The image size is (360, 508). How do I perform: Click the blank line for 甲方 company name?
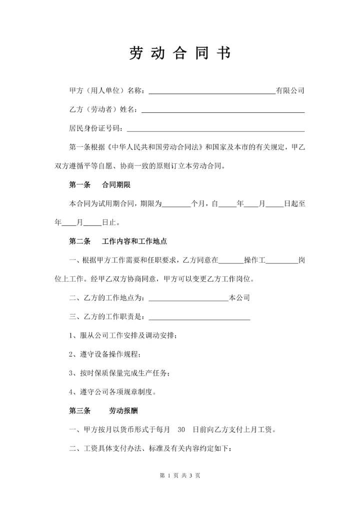[212, 92]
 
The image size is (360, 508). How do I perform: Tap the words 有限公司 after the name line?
[290, 91]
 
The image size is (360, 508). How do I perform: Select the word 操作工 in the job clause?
[256, 260]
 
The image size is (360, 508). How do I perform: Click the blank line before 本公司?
[188, 300]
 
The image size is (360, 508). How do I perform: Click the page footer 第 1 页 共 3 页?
[180, 476]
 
